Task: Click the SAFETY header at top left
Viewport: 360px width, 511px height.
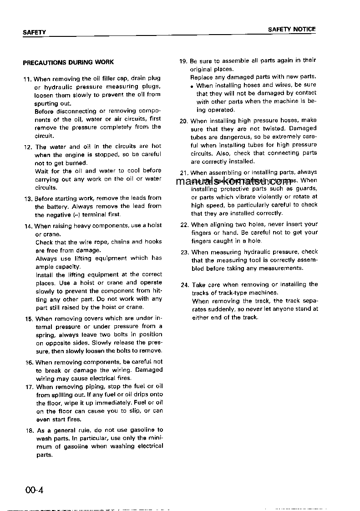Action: point(34,32)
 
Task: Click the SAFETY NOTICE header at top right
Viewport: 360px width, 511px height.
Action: point(291,29)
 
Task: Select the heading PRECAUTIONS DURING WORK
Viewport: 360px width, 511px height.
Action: point(68,62)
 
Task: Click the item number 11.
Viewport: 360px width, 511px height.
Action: point(27,79)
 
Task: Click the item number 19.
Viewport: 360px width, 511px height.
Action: point(184,61)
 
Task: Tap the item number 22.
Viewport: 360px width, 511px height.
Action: point(185,225)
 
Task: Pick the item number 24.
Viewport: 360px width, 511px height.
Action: point(185,285)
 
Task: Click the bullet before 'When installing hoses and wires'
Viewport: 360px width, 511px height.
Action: point(193,86)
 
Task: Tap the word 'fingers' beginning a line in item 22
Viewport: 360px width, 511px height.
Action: point(202,233)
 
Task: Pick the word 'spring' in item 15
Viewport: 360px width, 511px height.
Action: point(45,334)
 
